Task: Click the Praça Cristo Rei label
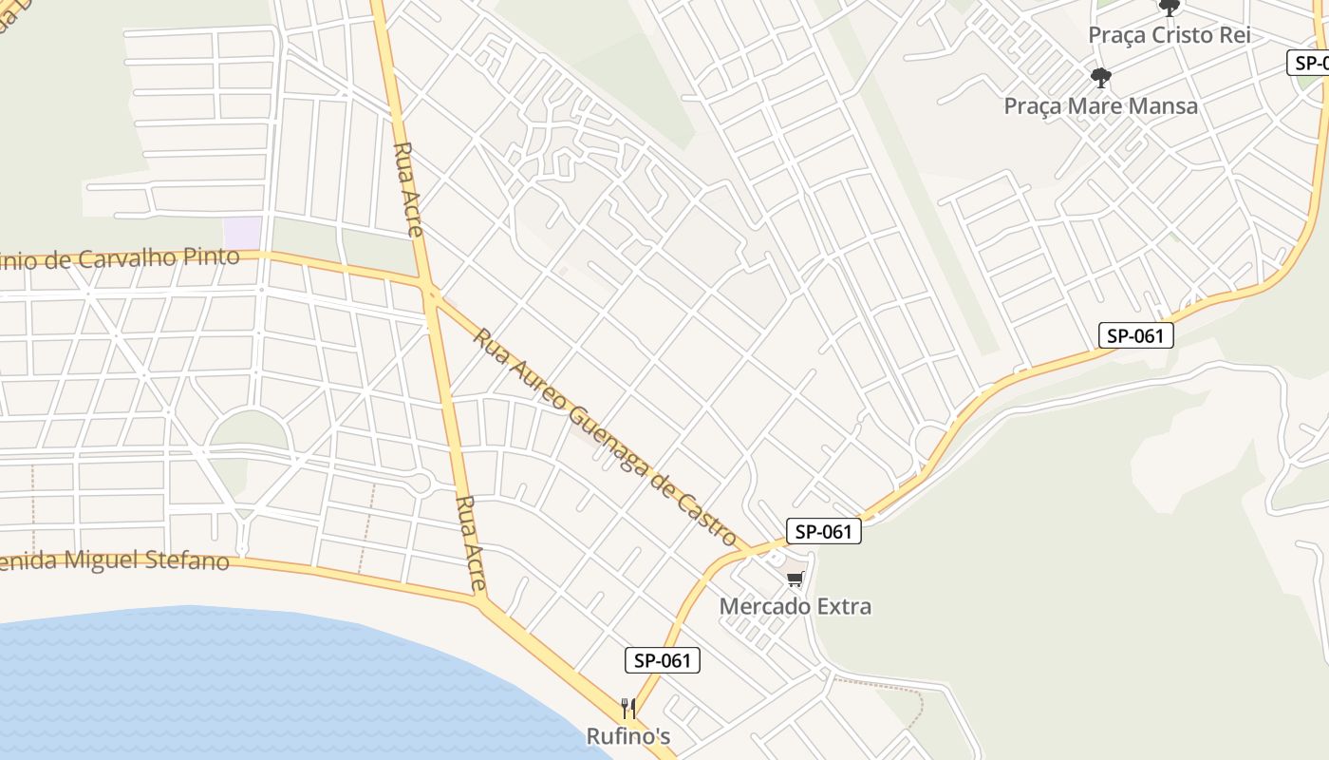[x=1169, y=35]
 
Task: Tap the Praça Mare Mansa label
[x=1101, y=105]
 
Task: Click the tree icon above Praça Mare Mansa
[x=1101, y=77]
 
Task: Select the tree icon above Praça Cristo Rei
[x=1170, y=8]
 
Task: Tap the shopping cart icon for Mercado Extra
[x=796, y=579]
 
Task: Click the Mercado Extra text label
[x=796, y=606]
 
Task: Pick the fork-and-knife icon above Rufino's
[x=627, y=708]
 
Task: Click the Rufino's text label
[x=628, y=736]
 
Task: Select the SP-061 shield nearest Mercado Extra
[x=823, y=532]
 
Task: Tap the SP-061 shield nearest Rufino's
[x=663, y=660]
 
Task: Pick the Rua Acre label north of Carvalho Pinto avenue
[x=408, y=189]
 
